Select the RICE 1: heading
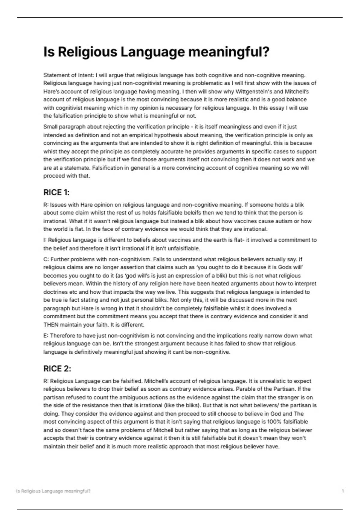click(x=56, y=192)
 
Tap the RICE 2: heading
click(x=57, y=369)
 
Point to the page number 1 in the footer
click(x=343, y=491)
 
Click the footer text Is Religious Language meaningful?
click(x=53, y=491)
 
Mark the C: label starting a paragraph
click(x=46, y=259)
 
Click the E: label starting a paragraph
click(x=46, y=336)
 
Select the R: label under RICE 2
click(x=46, y=381)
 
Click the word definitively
click(x=85, y=352)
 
